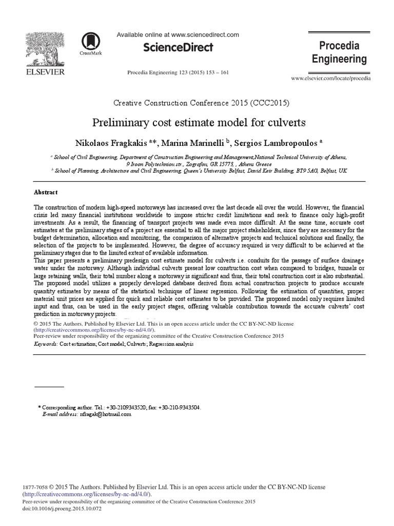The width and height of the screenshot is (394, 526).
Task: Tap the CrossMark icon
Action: [90, 43]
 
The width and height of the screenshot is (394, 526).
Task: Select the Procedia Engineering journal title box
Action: [339, 52]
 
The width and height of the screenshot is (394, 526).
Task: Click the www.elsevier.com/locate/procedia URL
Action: [330, 78]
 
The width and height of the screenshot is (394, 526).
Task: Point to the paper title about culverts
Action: [199, 123]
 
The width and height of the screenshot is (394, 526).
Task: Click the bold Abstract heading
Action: [46, 192]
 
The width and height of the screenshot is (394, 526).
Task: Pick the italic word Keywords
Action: [45, 344]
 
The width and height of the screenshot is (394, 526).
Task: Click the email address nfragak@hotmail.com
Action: [105, 414]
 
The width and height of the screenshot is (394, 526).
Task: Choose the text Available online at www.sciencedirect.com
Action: [178, 35]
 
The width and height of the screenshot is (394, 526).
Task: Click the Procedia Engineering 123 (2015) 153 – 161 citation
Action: [178, 72]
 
